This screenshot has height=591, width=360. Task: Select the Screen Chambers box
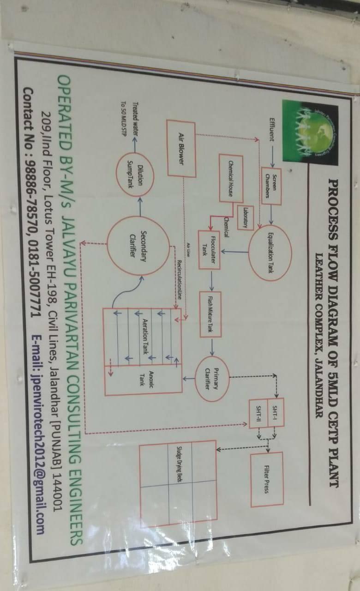click(272, 186)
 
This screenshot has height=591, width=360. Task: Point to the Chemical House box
click(232, 179)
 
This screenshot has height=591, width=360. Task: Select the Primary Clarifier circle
click(211, 373)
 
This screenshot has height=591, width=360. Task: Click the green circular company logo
click(313, 133)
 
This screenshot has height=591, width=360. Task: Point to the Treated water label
click(136, 114)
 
